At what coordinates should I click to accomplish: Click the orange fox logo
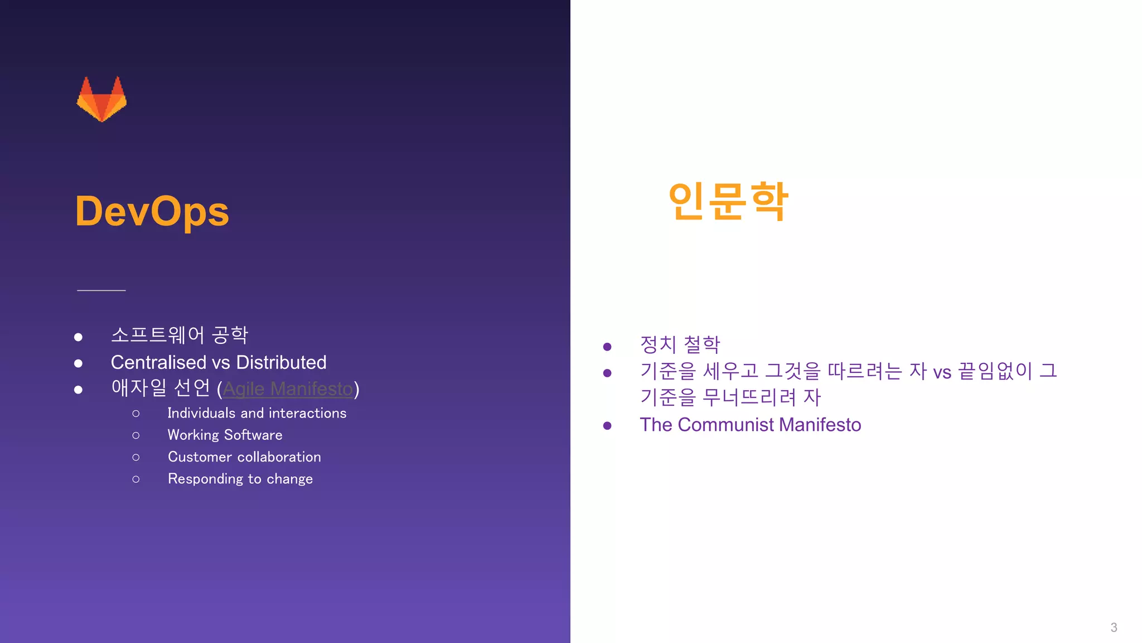pos(101,99)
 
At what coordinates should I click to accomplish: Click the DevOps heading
pos(152,212)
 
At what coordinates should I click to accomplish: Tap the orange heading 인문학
pos(728,201)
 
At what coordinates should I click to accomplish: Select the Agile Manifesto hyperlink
pos(288,388)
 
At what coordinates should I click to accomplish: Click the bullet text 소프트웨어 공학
pos(180,335)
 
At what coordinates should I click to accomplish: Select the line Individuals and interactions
pos(257,413)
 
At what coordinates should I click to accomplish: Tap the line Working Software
pos(225,435)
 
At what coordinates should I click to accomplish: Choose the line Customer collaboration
pos(244,457)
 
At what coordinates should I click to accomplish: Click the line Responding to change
pos(240,479)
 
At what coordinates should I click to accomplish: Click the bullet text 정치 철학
pos(680,344)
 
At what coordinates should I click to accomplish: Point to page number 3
pos(1114,627)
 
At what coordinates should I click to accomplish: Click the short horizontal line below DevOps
pos(101,290)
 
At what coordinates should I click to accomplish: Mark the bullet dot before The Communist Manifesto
pos(607,426)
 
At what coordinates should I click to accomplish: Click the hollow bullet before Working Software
pos(136,435)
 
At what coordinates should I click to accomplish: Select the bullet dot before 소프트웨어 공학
pos(79,337)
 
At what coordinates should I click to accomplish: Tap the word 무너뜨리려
pos(749,397)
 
